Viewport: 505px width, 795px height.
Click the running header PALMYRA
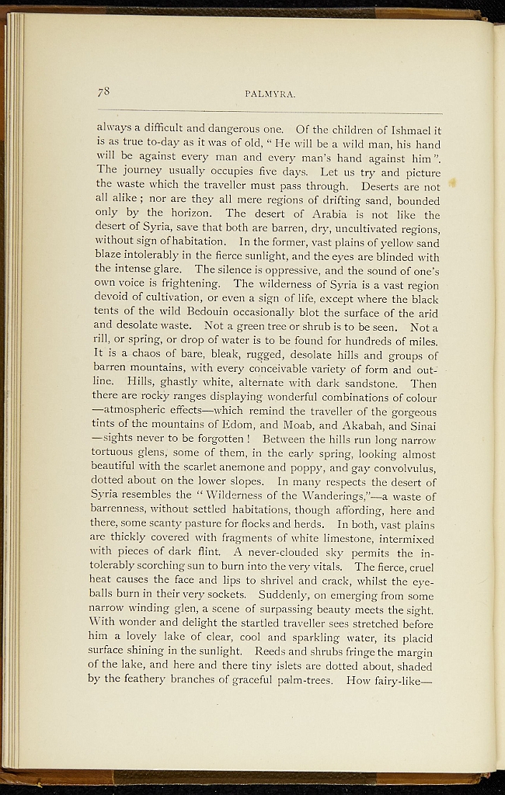[268, 94]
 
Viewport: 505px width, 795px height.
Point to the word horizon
[190, 214]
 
